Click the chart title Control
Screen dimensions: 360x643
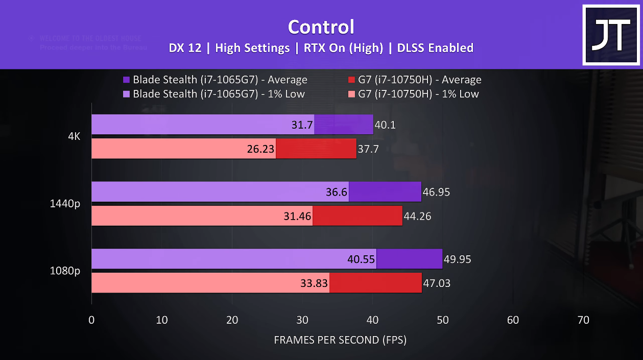coord(321,27)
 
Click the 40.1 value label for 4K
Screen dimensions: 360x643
coord(385,125)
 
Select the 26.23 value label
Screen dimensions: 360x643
coord(260,149)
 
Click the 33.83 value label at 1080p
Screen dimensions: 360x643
coord(314,283)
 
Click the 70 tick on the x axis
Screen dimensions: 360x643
coord(583,320)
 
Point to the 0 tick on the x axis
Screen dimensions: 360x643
coord(91,320)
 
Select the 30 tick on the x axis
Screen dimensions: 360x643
coord(302,320)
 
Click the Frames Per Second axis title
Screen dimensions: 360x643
coord(340,340)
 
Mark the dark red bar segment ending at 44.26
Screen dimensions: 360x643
coord(358,216)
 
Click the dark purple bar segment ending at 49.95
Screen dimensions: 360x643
coord(409,259)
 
